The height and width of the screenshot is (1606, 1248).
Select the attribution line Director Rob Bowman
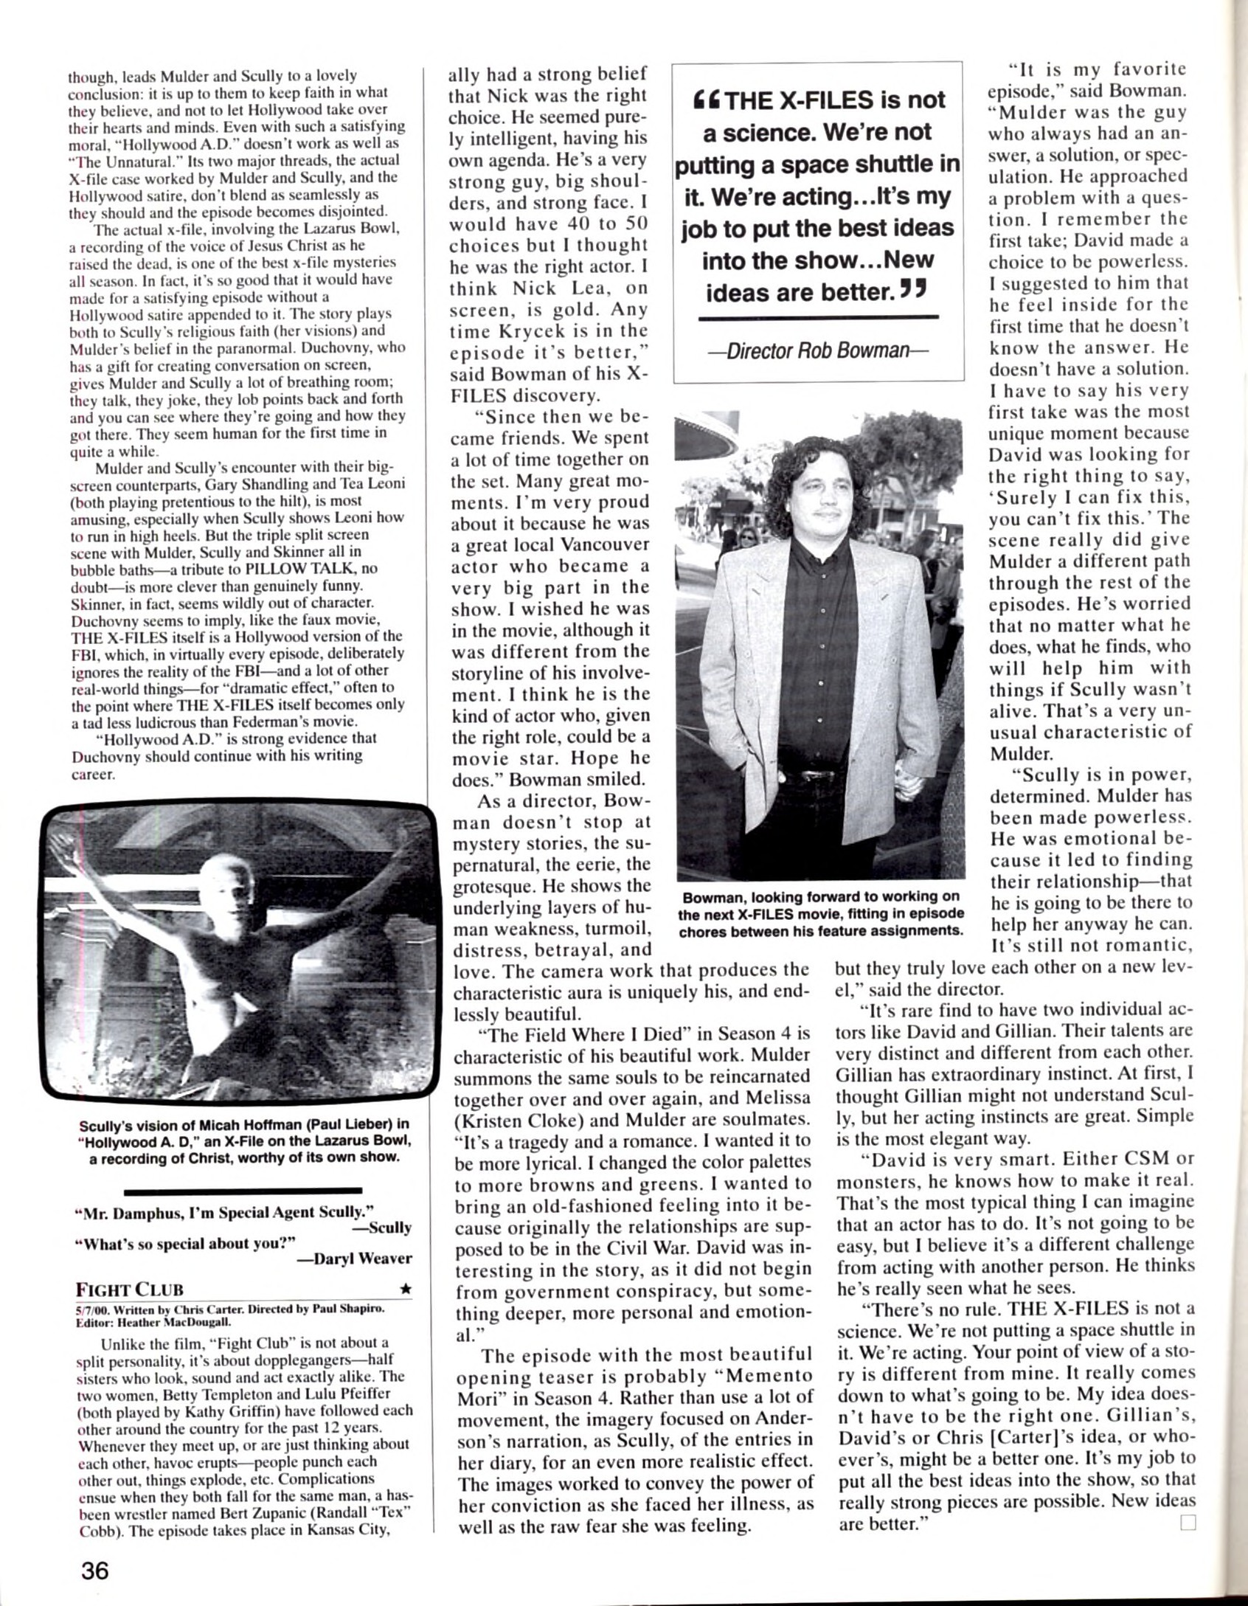pos(818,349)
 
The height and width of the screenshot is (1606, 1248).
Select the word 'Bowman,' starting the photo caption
pos(713,896)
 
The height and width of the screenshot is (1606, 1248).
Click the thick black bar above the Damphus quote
pos(243,1190)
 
